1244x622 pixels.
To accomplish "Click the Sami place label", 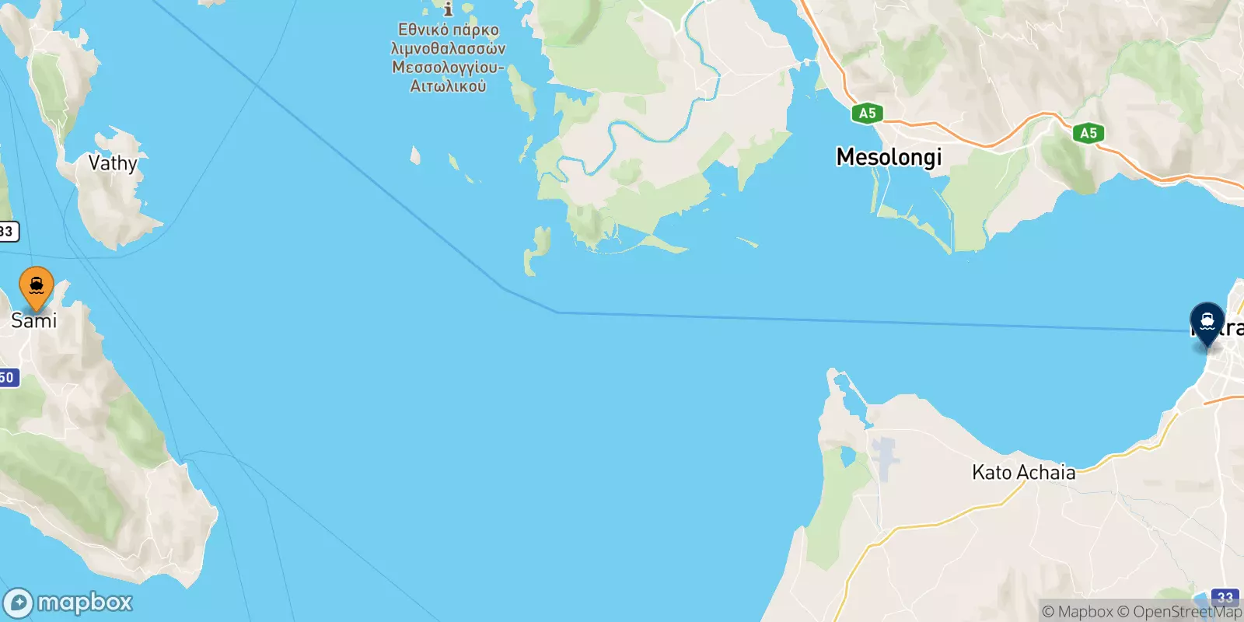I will click(34, 320).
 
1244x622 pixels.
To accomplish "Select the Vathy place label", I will click(113, 163).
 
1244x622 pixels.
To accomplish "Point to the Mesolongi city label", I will click(889, 157).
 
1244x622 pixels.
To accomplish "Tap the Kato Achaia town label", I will click(1023, 472).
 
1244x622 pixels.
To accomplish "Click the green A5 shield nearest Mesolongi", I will click(867, 114).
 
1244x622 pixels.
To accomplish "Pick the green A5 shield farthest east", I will click(1088, 133).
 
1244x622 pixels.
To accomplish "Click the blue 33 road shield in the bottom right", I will click(1225, 597).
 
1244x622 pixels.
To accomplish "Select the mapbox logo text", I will click(85, 603).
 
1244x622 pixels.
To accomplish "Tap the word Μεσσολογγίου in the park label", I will click(448, 68).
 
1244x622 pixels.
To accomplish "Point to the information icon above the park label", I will click(448, 9).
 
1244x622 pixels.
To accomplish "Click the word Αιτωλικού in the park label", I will click(448, 86).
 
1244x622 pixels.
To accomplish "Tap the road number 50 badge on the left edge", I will click(7, 377).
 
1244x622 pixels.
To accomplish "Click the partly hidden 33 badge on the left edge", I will click(7, 231).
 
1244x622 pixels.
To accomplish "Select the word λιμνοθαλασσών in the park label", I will click(448, 49).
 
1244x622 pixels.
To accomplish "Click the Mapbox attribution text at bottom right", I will click(1078, 612).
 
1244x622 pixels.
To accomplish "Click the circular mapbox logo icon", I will click(18, 603).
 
